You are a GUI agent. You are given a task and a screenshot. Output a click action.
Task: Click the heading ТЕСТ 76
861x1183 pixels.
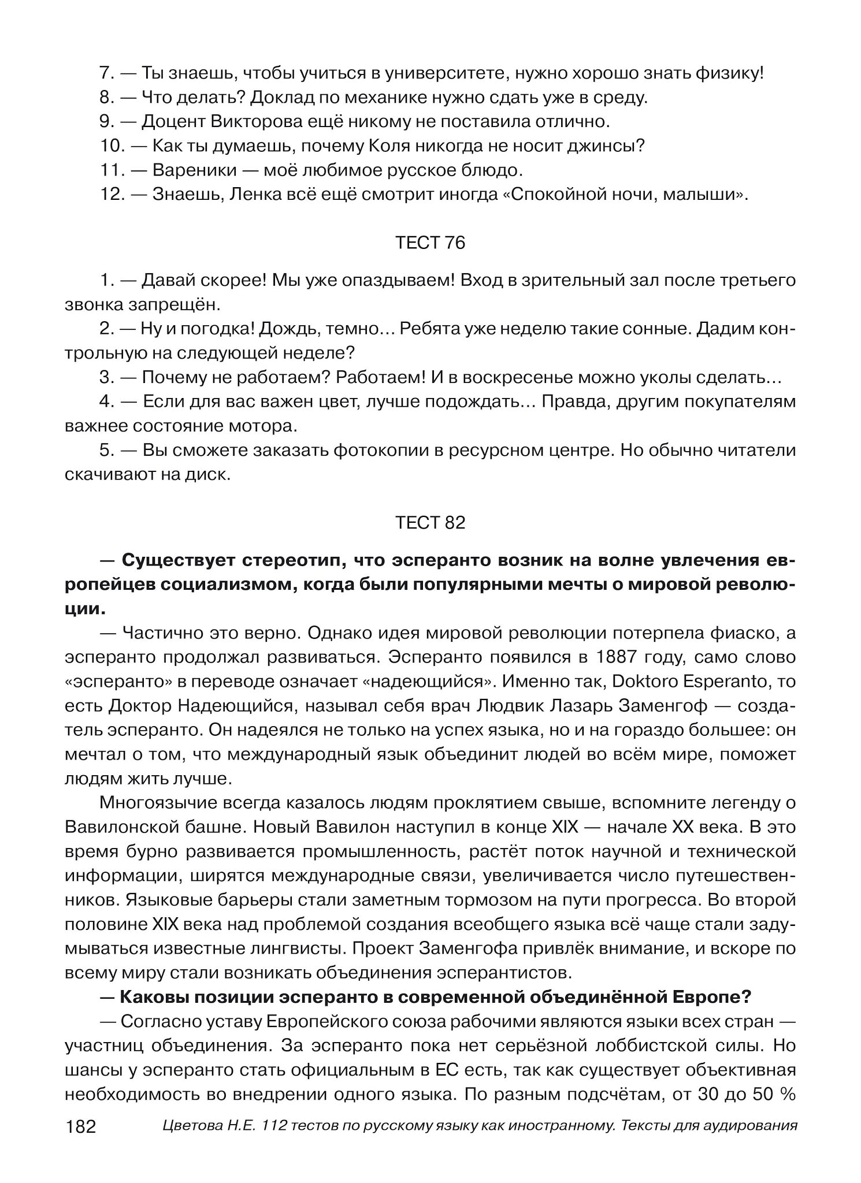coord(430,243)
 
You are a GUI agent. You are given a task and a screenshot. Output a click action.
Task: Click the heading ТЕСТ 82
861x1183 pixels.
coord(430,523)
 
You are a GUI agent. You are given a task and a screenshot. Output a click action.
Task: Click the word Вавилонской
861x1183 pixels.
coord(120,827)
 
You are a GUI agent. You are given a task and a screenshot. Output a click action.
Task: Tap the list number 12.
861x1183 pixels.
coord(112,195)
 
